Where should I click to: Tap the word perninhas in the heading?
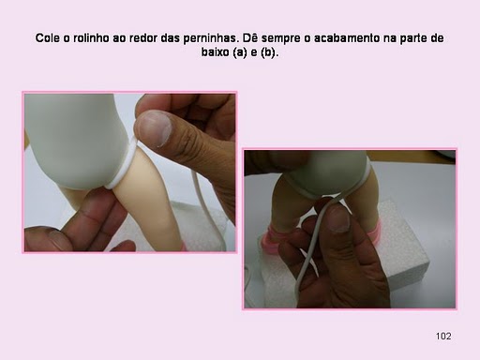tap(209, 39)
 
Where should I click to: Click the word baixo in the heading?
tap(215, 52)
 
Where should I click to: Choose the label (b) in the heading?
tap(269, 52)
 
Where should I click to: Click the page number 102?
tap(443, 337)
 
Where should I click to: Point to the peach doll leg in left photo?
tap(150, 203)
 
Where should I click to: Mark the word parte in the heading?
tap(413, 39)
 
